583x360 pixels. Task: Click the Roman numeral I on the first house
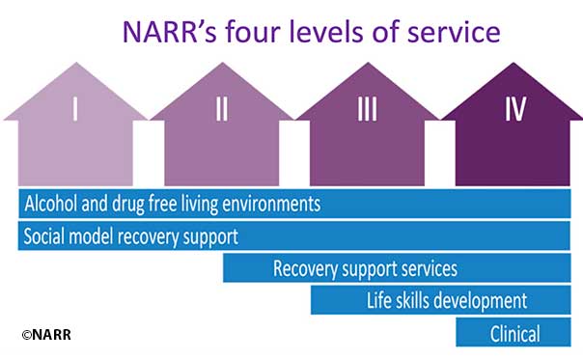74,110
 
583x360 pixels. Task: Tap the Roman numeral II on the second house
222,110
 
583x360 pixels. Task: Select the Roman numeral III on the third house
367,110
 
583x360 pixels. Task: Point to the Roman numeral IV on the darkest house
514,110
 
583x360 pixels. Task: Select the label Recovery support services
365,268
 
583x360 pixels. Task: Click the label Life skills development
447,300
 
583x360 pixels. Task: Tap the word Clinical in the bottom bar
515,333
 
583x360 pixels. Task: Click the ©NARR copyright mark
46,334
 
